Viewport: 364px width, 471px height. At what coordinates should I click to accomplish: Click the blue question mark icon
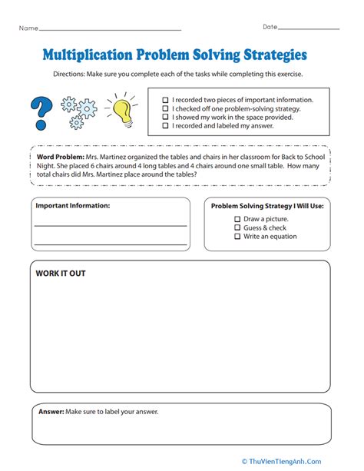pyautogui.click(x=40, y=111)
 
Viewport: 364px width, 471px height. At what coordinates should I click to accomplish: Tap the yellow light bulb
pyautogui.click(x=124, y=109)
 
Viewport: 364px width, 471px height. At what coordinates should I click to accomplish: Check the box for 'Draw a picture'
pyautogui.click(x=237, y=218)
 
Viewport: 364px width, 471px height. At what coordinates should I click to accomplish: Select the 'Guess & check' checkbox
pyautogui.click(x=237, y=227)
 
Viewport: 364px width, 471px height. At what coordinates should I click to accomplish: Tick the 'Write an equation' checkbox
pyautogui.click(x=237, y=237)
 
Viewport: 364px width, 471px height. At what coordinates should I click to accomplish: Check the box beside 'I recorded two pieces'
pyautogui.click(x=166, y=100)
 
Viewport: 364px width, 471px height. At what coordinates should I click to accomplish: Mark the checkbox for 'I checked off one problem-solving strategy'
pyautogui.click(x=166, y=108)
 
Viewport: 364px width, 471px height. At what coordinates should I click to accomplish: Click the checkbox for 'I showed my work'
pyautogui.click(x=166, y=117)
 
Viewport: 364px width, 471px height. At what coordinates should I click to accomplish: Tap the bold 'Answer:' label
pyautogui.click(x=51, y=412)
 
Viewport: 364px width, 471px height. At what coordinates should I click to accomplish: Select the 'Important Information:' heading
pyautogui.click(x=72, y=206)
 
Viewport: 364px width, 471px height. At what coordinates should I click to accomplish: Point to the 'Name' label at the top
pyautogui.click(x=28, y=28)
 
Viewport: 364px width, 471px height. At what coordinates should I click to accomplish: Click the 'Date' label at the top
pyautogui.click(x=270, y=28)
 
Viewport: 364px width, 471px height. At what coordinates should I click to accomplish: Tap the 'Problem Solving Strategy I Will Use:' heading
pyautogui.click(x=268, y=206)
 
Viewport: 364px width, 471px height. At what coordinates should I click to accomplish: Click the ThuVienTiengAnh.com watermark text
pyautogui.click(x=307, y=461)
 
